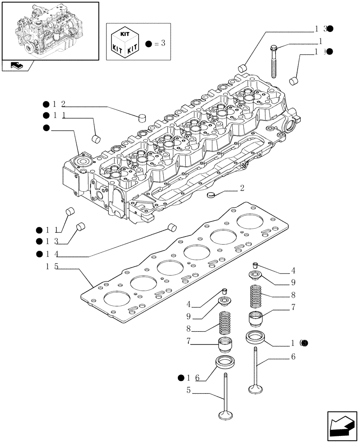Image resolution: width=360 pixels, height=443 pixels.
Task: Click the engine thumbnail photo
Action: click(50, 31)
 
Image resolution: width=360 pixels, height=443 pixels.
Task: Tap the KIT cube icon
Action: click(126, 43)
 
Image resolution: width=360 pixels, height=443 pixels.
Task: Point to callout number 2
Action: click(242, 188)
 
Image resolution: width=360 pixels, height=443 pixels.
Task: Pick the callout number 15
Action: click(51, 267)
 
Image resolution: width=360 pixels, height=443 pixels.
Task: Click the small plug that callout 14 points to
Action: click(172, 228)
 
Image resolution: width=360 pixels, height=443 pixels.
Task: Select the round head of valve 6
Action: click(256, 389)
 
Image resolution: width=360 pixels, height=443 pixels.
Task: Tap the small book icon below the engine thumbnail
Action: click(17, 66)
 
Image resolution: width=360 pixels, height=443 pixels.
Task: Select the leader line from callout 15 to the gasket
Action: click(85, 276)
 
